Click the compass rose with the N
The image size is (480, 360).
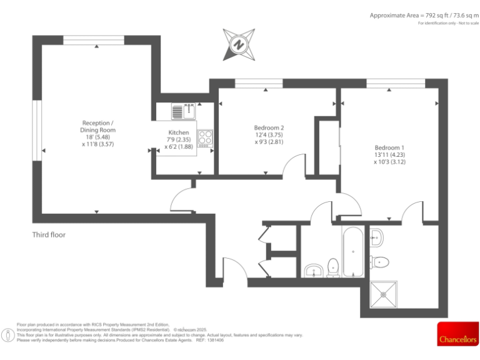tap(238, 44)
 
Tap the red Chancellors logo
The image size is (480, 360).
tap(457, 334)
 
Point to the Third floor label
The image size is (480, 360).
tap(49, 235)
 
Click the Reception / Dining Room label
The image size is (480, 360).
tap(98, 126)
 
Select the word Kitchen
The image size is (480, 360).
tap(179, 132)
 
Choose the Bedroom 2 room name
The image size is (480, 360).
tap(269, 127)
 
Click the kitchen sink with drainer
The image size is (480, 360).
tap(184, 111)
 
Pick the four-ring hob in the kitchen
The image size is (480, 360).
tap(206, 137)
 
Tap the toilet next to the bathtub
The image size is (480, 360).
tap(334, 267)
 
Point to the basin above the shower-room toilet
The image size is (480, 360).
tap(376, 236)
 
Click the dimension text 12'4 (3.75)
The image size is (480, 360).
tap(269, 135)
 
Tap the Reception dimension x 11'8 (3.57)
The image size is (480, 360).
tap(97, 144)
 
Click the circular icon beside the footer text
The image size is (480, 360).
tap(7, 334)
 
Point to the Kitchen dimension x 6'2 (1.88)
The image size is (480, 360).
tap(179, 147)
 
